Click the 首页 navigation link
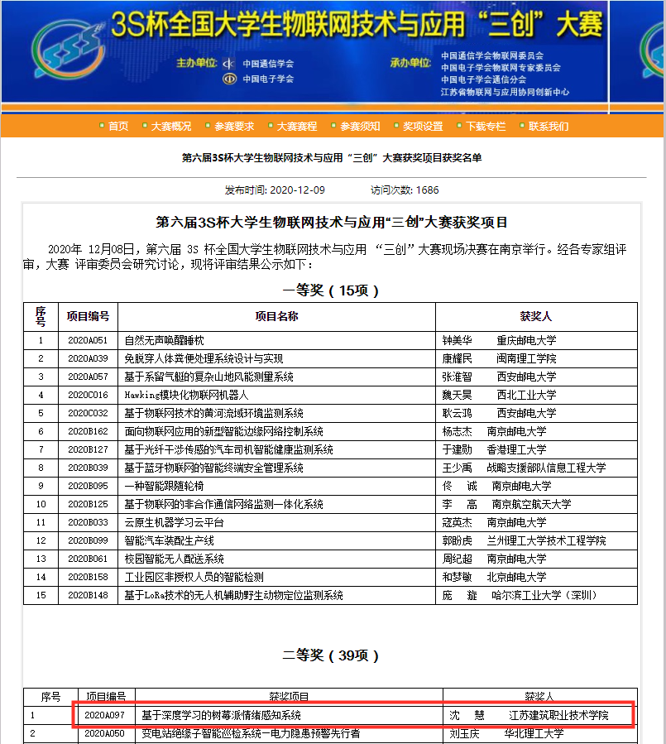tap(117, 126)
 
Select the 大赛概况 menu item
tap(170, 126)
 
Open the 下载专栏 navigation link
tap(485, 126)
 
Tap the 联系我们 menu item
tap(549, 126)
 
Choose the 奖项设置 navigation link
tap(423, 126)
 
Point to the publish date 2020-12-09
tap(298, 190)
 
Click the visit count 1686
tap(428, 190)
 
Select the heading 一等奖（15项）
tap(331, 290)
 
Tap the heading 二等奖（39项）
tap(331, 655)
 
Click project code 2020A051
tap(88, 340)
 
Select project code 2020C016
tap(88, 395)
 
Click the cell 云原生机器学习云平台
tap(174, 522)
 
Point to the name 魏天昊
tap(457, 395)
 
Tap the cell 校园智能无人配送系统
tap(174, 559)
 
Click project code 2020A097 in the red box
tap(104, 715)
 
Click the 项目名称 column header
tap(276, 316)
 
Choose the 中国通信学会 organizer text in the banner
tap(268, 63)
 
